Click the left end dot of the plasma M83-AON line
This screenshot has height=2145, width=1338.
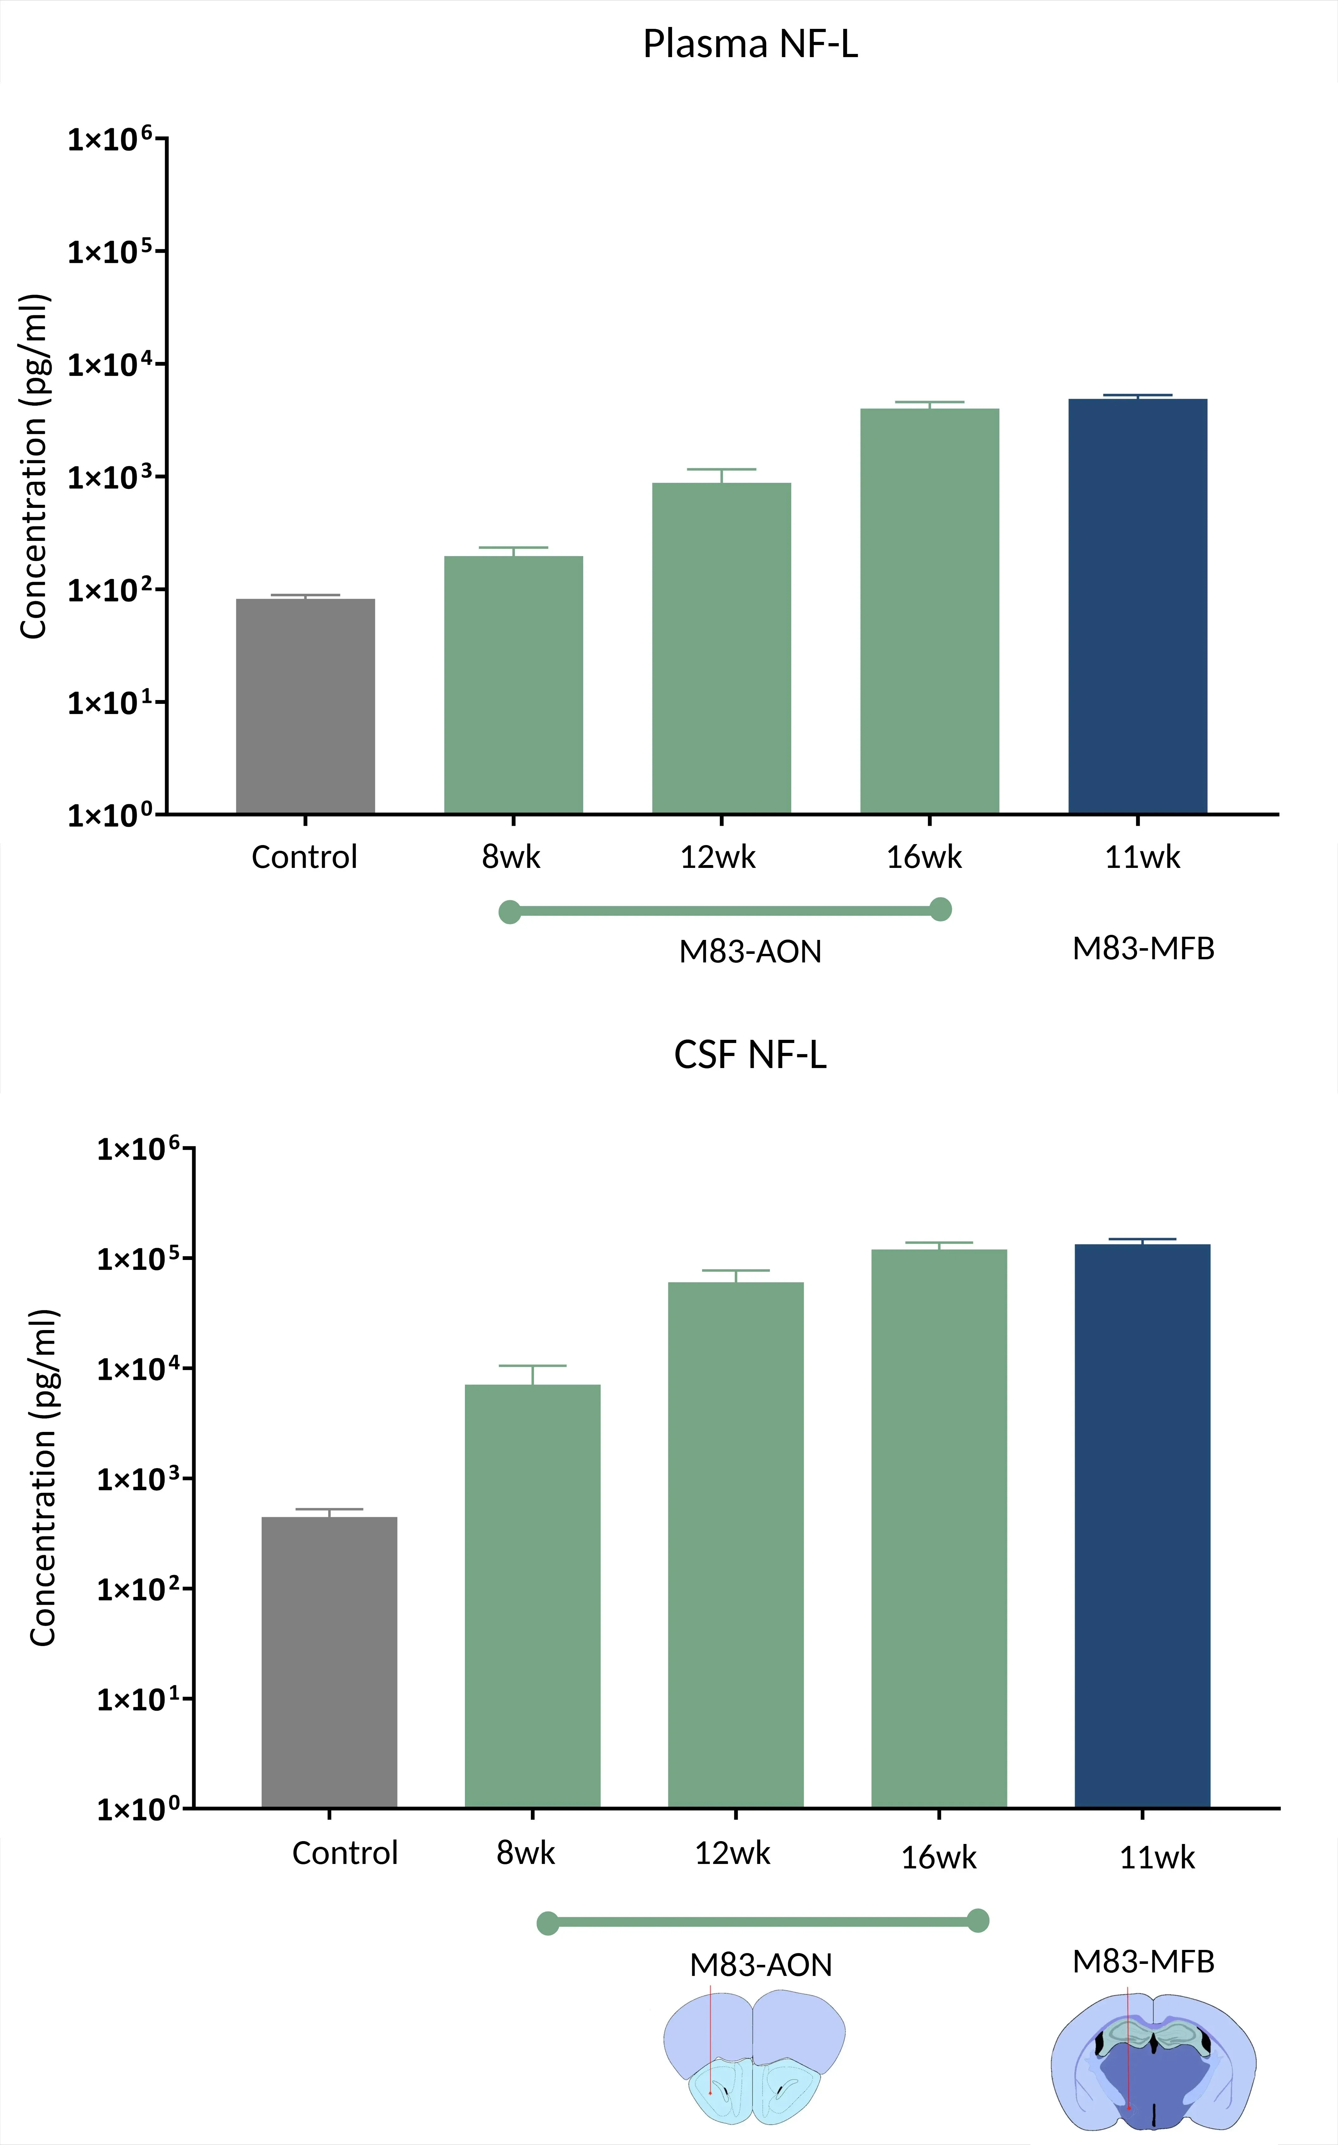pos(510,911)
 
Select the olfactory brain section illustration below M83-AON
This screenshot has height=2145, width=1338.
pos(755,2057)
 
